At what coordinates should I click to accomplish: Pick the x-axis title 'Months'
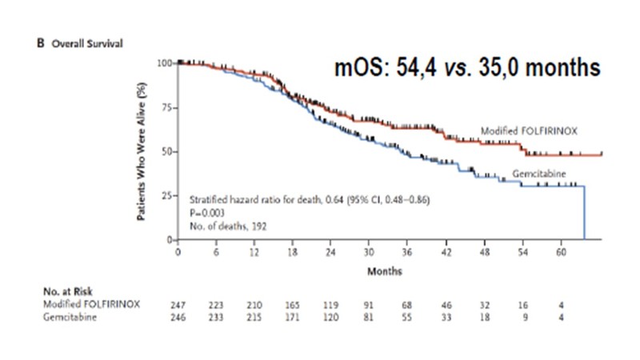pyautogui.click(x=386, y=271)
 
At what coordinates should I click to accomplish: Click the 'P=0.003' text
pyautogui.click(x=206, y=214)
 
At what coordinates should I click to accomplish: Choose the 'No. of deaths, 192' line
pyautogui.click(x=228, y=226)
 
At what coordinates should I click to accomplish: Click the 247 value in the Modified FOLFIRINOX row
pyautogui.click(x=179, y=306)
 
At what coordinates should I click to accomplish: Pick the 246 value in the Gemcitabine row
pyautogui.click(x=179, y=317)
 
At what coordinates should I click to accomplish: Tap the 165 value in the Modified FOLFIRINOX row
pyautogui.click(x=292, y=306)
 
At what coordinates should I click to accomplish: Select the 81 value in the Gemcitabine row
pyautogui.click(x=369, y=317)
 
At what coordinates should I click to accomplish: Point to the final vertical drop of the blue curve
pyautogui.click(x=585, y=212)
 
